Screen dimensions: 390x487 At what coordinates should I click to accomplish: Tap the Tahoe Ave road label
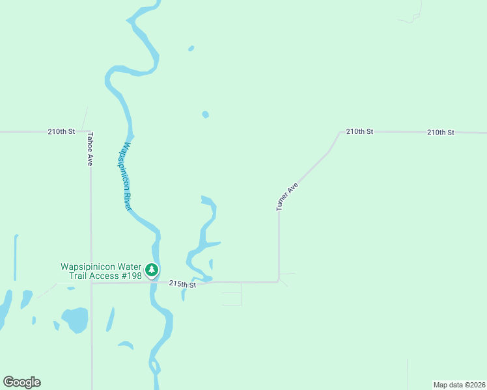click(x=90, y=149)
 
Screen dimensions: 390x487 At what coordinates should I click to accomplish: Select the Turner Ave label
click(x=287, y=196)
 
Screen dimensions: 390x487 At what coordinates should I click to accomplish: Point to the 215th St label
click(x=182, y=284)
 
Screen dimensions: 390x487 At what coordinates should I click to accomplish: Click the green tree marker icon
click(x=152, y=270)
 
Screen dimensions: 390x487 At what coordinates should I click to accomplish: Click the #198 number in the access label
click(x=130, y=276)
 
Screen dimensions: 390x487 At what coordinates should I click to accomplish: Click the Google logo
click(x=21, y=382)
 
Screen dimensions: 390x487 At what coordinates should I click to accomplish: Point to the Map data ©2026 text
click(x=459, y=384)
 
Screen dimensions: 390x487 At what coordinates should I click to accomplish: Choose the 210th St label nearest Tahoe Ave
click(x=61, y=131)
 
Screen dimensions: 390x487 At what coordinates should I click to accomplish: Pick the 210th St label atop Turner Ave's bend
click(x=359, y=131)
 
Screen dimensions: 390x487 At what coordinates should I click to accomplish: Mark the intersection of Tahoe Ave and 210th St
click(x=90, y=132)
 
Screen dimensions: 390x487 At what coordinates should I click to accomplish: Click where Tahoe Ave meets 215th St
click(x=91, y=283)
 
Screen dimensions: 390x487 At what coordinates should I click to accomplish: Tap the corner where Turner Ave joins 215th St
click(x=279, y=281)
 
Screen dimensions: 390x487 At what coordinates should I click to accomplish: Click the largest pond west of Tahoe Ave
click(x=76, y=319)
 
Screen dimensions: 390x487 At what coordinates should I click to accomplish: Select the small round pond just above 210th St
click(x=206, y=115)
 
